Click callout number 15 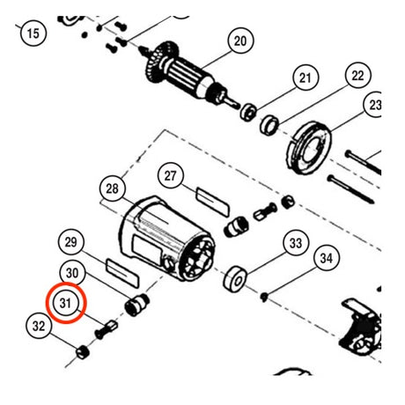33,33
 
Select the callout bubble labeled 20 240,40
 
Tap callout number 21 306,77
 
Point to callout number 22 357,76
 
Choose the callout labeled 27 171,176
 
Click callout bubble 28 113,188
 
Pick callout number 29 71,242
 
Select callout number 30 72,273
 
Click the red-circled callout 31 66,303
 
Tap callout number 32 39,326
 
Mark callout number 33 296,243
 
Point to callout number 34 327,258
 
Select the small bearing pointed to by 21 248,112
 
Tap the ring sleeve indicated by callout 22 269,126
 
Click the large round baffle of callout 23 308,148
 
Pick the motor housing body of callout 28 166,239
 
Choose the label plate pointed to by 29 122,272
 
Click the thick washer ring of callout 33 235,278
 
